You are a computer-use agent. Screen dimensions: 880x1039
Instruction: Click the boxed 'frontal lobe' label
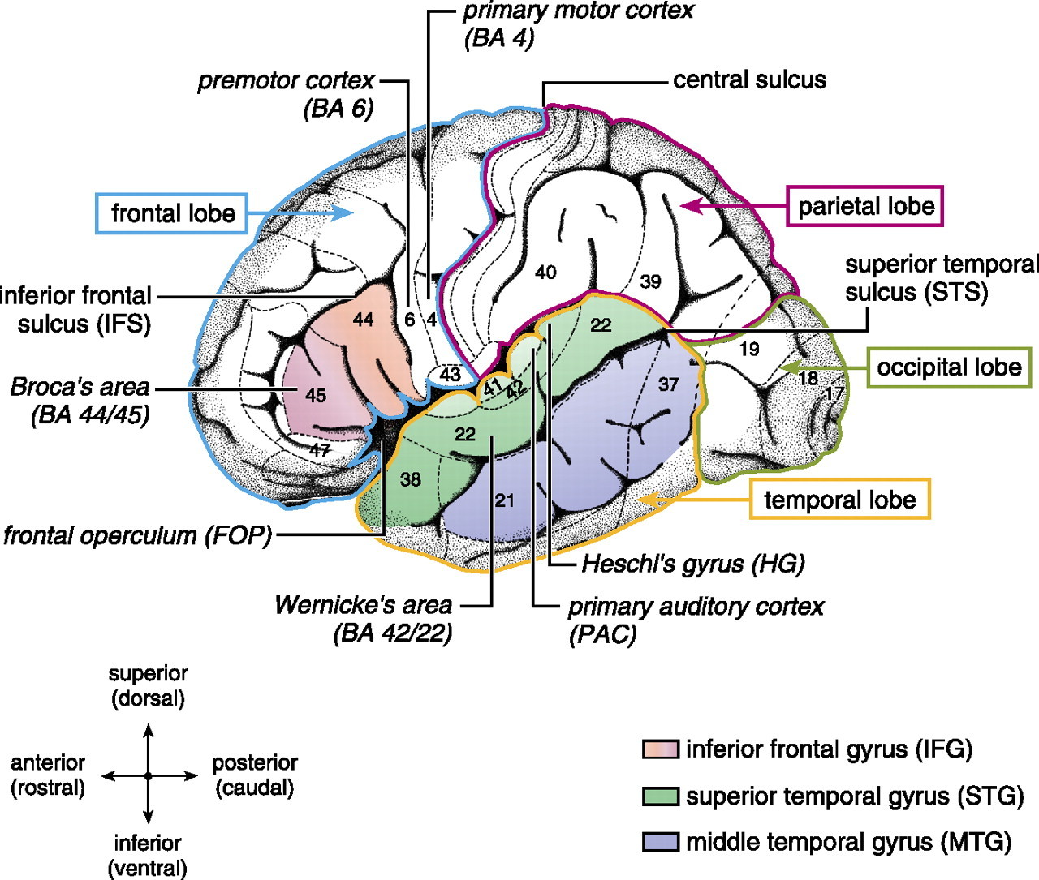click(x=172, y=213)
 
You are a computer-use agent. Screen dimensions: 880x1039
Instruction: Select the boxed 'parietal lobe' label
click(x=865, y=206)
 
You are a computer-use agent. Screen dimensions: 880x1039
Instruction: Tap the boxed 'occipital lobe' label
click(x=949, y=367)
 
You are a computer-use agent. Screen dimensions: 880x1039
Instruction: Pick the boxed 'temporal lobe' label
click(x=839, y=499)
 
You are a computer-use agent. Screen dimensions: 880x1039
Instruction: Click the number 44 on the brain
click(x=363, y=320)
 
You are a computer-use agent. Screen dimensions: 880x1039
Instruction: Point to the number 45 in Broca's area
click(x=316, y=395)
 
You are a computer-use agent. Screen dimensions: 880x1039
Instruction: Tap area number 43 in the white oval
click(x=451, y=375)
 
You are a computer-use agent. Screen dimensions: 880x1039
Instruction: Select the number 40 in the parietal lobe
click(x=545, y=272)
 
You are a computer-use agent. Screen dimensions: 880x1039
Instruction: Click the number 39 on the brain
click(x=650, y=281)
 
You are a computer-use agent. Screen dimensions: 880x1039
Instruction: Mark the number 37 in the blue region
click(x=668, y=384)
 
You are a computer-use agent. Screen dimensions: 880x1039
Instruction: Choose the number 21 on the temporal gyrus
click(x=505, y=500)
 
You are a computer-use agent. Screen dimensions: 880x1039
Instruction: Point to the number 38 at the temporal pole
click(x=411, y=479)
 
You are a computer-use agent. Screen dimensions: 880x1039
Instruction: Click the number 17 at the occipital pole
click(x=834, y=393)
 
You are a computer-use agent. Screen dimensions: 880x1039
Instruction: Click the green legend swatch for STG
click(x=659, y=796)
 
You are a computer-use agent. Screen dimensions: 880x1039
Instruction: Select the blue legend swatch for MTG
click(x=659, y=842)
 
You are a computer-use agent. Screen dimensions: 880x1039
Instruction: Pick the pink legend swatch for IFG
click(x=659, y=749)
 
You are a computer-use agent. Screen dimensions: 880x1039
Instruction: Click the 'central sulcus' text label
click(x=749, y=80)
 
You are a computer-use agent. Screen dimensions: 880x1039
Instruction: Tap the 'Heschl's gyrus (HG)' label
click(x=692, y=564)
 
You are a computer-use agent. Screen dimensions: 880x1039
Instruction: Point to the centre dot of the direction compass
click(x=148, y=776)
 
